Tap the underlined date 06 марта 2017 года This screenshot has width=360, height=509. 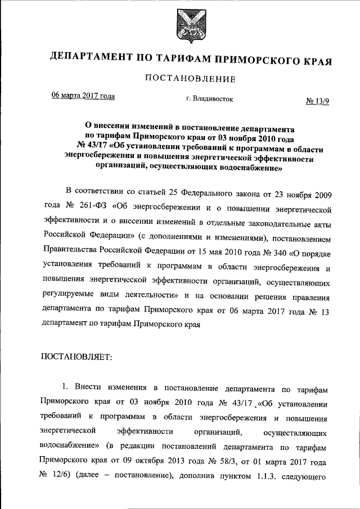coord(83,96)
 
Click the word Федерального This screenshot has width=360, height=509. coord(208,194)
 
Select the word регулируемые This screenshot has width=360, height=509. coord(64,294)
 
